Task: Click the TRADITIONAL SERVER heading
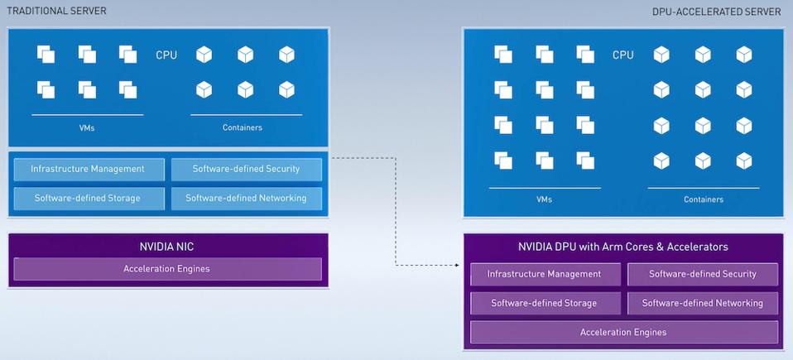[56, 10]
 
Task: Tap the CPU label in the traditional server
[166, 55]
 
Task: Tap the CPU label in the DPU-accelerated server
[623, 55]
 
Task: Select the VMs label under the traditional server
[87, 127]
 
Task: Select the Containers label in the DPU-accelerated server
[704, 199]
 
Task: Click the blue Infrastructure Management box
[87, 169]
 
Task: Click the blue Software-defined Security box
[246, 169]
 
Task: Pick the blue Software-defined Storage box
[87, 199]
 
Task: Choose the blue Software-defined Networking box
[246, 199]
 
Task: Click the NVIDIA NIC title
[167, 246]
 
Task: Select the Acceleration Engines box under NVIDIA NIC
[167, 269]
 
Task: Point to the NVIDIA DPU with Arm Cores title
[622, 247]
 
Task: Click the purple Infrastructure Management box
[544, 274]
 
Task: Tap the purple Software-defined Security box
[703, 274]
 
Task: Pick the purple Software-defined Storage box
[544, 303]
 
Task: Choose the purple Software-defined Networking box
[703, 303]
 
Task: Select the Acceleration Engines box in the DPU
[623, 332]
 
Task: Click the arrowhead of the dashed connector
[458, 265]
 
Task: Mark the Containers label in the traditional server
[243, 127]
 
